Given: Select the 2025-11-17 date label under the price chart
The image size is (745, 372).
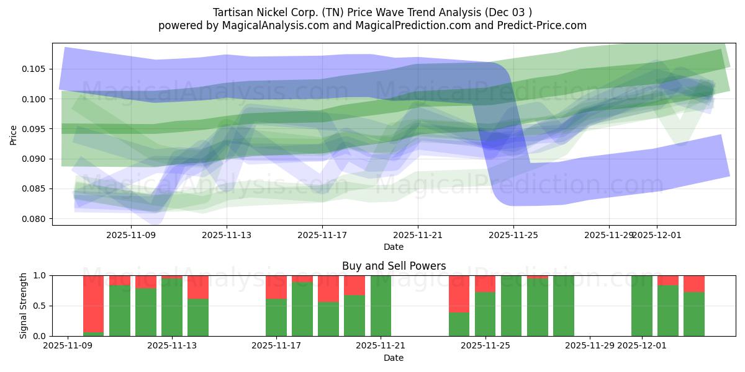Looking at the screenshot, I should (x=322, y=235).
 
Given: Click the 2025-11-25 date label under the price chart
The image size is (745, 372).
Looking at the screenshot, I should (x=513, y=235).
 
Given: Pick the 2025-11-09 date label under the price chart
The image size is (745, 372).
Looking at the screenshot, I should (x=131, y=235).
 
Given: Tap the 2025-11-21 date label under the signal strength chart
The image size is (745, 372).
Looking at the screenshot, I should (x=380, y=346).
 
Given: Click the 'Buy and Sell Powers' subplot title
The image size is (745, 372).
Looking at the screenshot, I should (x=394, y=266).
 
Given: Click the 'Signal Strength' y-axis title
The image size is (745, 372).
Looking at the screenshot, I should (x=23, y=306).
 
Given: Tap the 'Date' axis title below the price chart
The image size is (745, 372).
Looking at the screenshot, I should (x=394, y=247).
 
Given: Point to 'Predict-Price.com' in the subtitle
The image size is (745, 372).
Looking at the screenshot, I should (x=544, y=25).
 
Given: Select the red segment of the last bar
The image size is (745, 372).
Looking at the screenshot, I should (x=694, y=284).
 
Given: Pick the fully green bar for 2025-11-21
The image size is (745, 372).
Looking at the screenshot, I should (x=381, y=306).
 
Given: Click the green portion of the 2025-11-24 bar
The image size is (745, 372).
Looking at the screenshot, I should (x=459, y=324).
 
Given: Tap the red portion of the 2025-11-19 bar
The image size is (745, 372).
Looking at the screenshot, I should (x=354, y=285).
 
